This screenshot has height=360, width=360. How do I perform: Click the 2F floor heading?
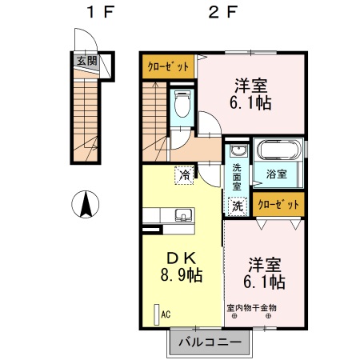pyautogui.click(x=223, y=12)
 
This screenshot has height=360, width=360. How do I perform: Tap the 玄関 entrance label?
pyautogui.click(x=86, y=61)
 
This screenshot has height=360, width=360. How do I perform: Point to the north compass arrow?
pyautogui.click(x=84, y=205)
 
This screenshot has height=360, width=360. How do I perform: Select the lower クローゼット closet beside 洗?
pyautogui.click(x=278, y=205)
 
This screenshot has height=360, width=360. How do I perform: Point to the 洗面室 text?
pyautogui.click(x=237, y=176)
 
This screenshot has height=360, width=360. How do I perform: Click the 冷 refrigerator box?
pyautogui.click(x=185, y=174)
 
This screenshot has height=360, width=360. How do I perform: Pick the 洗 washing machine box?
pyautogui.click(x=237, y=206)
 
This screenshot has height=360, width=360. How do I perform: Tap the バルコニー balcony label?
pyautogui.click(x=209, y=342)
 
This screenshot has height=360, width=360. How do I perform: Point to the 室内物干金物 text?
pyautogui.click(x=251, y=307)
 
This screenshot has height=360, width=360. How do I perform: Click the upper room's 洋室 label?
pyautogui.click(x=250, y=85)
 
